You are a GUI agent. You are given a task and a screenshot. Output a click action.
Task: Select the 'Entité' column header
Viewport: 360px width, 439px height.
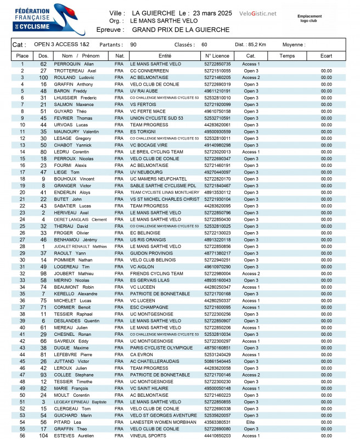[x=165, y=55]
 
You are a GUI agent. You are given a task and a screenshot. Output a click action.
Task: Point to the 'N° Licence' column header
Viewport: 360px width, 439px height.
[x=217, y=55]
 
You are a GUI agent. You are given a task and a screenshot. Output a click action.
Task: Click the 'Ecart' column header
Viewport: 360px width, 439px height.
[x=327, y=55]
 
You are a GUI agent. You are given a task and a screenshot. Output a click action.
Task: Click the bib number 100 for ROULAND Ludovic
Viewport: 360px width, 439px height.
[x=43, y=77]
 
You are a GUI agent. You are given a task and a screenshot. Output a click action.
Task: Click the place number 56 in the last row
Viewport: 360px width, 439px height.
[x=22, y=436]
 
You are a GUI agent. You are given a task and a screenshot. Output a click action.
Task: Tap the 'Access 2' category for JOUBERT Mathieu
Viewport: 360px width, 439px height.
[x=251, y=273]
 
